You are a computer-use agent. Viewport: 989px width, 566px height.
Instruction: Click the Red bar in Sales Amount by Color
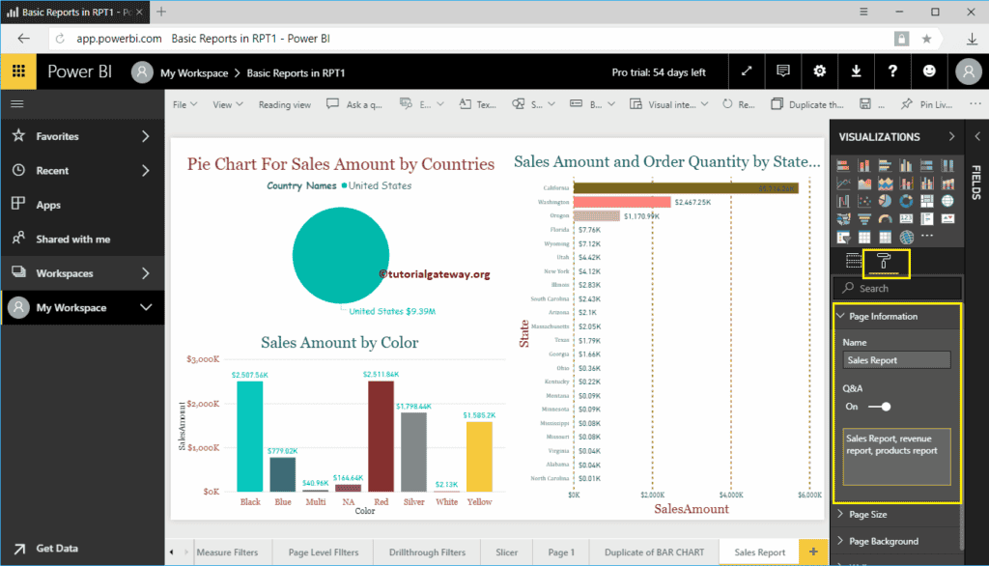pos(381,436)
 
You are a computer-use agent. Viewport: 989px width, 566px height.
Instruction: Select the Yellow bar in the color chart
pos(479,456)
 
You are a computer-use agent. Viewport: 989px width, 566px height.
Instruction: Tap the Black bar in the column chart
pos(249,436)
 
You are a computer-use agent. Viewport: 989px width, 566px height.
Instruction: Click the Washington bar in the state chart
pos(622,202)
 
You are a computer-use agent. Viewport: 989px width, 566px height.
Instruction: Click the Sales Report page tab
pos(759,552)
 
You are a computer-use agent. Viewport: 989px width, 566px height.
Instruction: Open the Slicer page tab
pos(507,552)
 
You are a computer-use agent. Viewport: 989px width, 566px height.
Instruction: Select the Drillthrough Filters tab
pos(427,552)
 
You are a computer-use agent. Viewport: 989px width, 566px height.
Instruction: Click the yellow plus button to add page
pos(813,552)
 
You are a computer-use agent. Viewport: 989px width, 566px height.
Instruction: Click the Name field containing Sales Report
pos(896,360)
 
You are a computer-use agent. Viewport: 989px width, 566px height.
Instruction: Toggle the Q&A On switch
pos(879,407)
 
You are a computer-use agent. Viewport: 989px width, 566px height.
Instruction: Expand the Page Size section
pos(867,515)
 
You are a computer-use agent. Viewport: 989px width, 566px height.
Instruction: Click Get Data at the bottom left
pos(57,548)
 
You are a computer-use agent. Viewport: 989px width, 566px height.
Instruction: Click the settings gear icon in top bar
pos(819,71)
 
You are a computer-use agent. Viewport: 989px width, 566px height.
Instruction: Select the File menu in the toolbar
pos(184,104)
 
